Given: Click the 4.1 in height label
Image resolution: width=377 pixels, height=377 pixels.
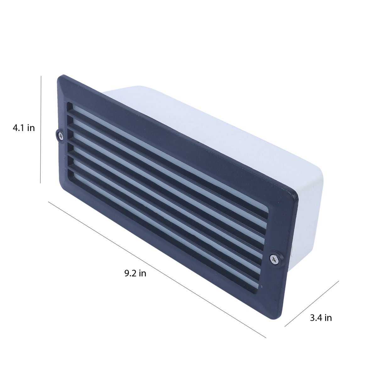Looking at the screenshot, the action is (x=24, y=128).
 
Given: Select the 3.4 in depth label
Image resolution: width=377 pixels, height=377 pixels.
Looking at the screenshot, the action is (x=321, y=318).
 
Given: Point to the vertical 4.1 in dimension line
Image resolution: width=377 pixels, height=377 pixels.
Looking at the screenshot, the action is (x=41, y=129).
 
